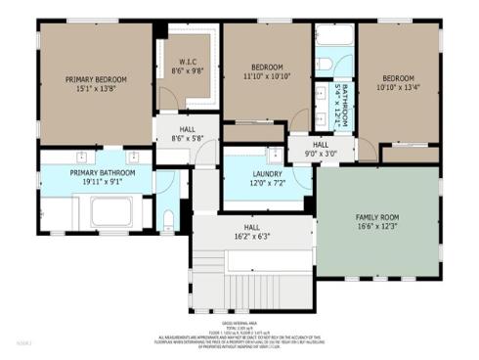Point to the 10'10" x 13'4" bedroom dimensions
point(397,85)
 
